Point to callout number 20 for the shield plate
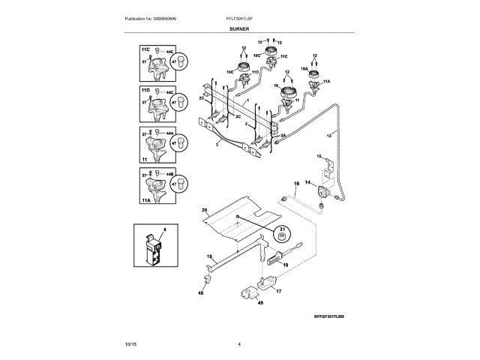click(204, 211)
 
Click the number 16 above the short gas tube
click(295, 183)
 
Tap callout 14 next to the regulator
click(307, 182)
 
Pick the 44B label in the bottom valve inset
click(171, 174)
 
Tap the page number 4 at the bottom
click(239, 343)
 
